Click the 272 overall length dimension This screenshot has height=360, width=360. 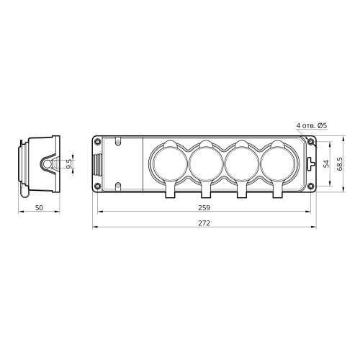click(x=204, y=223)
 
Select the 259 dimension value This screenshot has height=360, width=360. click(x=204, y=207)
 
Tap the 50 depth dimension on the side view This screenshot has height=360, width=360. click(x=39, y=207)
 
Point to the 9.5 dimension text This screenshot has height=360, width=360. click(x=68, y=163)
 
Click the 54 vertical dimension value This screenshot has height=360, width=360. click(x=326, y=163)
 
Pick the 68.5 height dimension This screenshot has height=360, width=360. click(x=340, y=163)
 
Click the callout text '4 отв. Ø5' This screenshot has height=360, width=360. click(x=312, y=125)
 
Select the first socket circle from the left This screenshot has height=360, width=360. click(x=170, y=164)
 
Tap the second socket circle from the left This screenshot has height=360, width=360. click(x=206, y=164)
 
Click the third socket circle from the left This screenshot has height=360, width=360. click(x=242, y=164)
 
